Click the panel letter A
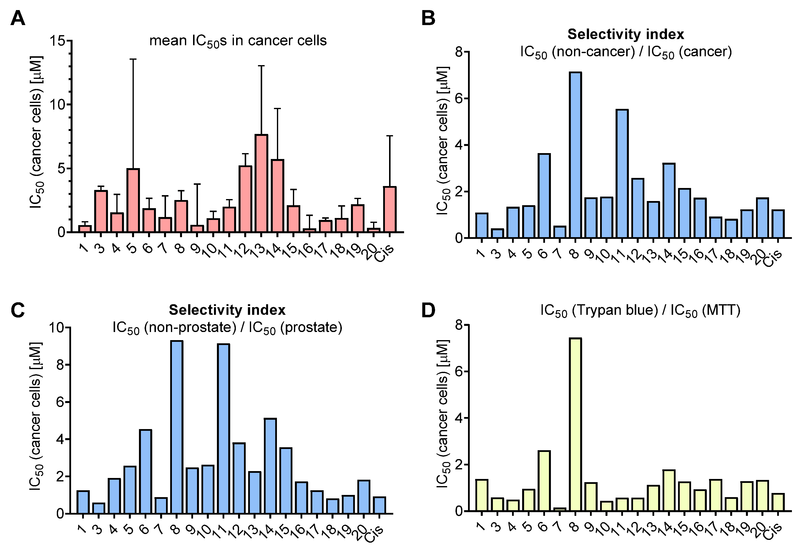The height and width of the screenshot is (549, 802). [x=18, y=18]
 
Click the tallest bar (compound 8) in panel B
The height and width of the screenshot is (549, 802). [x=575, y=155]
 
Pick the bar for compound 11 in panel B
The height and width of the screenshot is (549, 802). [x=622, y=173]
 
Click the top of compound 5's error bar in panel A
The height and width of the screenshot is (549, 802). [x=133, y=59]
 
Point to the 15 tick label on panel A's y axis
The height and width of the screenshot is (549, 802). [x=57, y=41]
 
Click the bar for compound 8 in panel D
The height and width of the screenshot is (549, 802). [x=575, y=424]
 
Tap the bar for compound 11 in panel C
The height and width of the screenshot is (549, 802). [x=223, y=429]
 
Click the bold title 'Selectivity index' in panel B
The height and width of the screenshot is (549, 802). [x=626, y=34]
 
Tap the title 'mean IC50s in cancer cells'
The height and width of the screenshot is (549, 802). [x=238, y=41]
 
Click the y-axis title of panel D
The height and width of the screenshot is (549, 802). [x=443, y=414]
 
